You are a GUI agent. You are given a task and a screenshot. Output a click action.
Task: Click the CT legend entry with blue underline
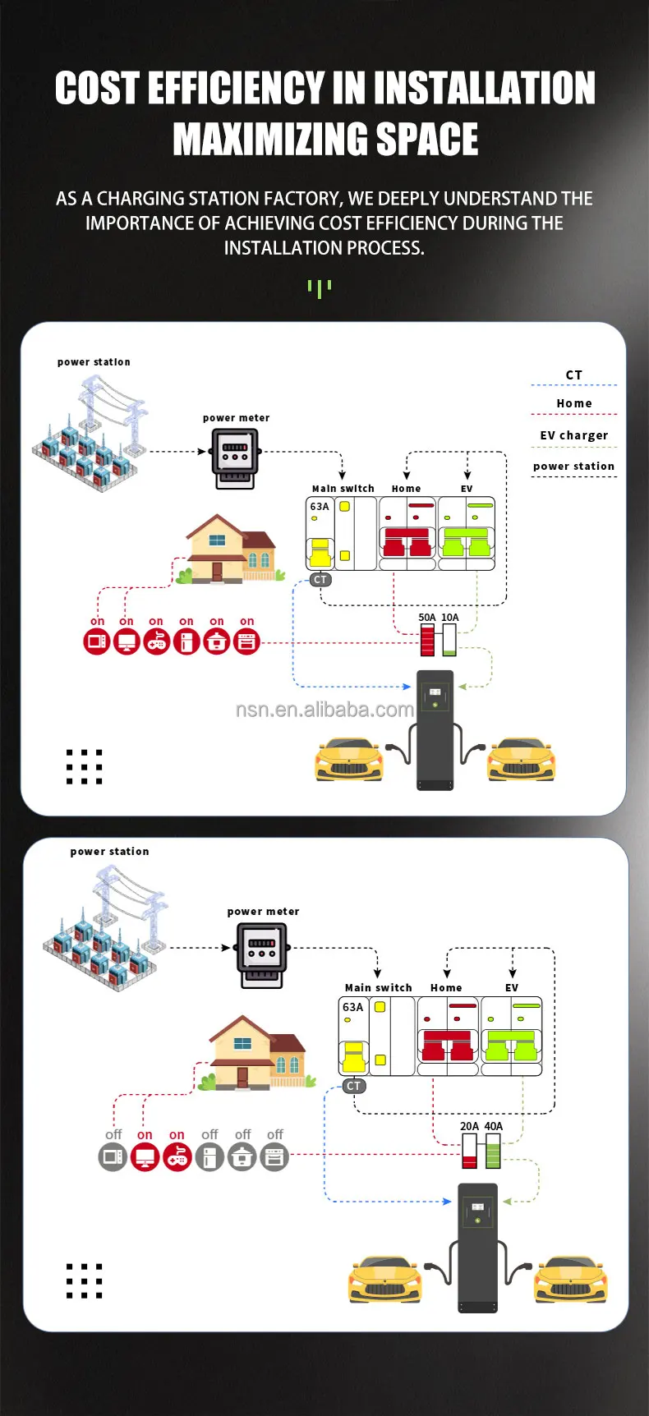(573, 375)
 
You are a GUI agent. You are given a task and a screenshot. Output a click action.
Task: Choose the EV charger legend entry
(573, 435)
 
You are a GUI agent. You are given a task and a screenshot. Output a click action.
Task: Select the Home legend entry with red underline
(573, 403)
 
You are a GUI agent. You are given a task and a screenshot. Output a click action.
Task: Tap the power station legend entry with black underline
(573, 467)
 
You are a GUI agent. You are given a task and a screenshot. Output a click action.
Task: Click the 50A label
(427, 618)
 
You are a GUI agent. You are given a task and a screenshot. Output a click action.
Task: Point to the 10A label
(450, 618)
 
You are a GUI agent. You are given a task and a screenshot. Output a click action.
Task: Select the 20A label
(469, 1127)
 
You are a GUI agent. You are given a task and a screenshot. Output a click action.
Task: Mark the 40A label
(493, 1127)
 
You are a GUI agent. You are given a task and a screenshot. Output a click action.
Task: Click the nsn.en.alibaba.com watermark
(324, 710)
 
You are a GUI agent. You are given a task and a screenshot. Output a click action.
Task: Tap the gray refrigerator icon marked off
(209, 1157)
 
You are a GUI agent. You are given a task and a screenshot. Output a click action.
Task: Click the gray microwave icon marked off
(113, 1157)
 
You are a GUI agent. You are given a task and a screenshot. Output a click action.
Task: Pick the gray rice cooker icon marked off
(242, 1157)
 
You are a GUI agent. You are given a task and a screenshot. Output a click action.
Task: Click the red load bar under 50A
(427, 641)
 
